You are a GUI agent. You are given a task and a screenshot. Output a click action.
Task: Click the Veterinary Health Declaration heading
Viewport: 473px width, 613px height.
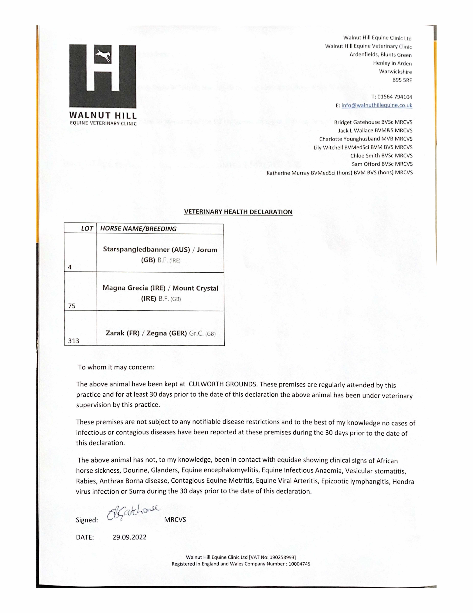(x=238, y=212)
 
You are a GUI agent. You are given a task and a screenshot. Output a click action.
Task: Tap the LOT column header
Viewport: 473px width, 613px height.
(x=87, y=229)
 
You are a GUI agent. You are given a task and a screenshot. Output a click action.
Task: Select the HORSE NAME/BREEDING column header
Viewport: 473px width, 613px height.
(x=138, y=229)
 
